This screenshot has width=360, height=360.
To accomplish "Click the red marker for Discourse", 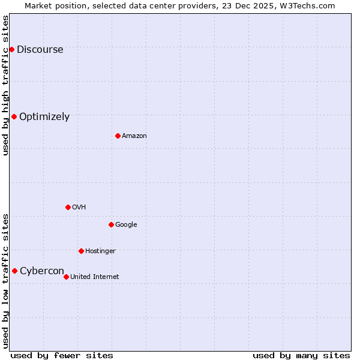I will click(11, 49).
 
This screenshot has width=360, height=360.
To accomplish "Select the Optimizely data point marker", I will click(14, 116).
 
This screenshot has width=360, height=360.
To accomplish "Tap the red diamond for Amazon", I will click(118, 136).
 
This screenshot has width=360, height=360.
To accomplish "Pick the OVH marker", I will click(68, 207).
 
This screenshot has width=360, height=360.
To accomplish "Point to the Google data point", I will click(111, 224).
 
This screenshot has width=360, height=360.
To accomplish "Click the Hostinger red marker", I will click(81, 251).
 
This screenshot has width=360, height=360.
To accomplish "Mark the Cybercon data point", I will click(14, 271).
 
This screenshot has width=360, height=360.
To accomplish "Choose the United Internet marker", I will click(66, 277).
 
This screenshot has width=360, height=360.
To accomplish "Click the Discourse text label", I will click(40, 50).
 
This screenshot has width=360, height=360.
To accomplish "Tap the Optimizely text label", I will click(44, 117).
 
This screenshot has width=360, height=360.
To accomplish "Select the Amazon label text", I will click(134, 136).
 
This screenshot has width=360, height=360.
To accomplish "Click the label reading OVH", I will click(79, 208).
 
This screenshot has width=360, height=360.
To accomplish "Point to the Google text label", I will click(126, 225).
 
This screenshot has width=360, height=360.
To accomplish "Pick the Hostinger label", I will click(100, 251).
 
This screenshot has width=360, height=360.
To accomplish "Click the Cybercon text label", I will click(42, 271).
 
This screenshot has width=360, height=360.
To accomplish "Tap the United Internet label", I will click(95, 277).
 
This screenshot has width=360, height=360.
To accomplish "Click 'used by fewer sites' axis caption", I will click(62, 355).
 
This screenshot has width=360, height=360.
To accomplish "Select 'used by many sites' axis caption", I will click(301, 355).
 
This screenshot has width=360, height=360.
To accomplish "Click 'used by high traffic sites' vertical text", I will click(5, 85).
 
